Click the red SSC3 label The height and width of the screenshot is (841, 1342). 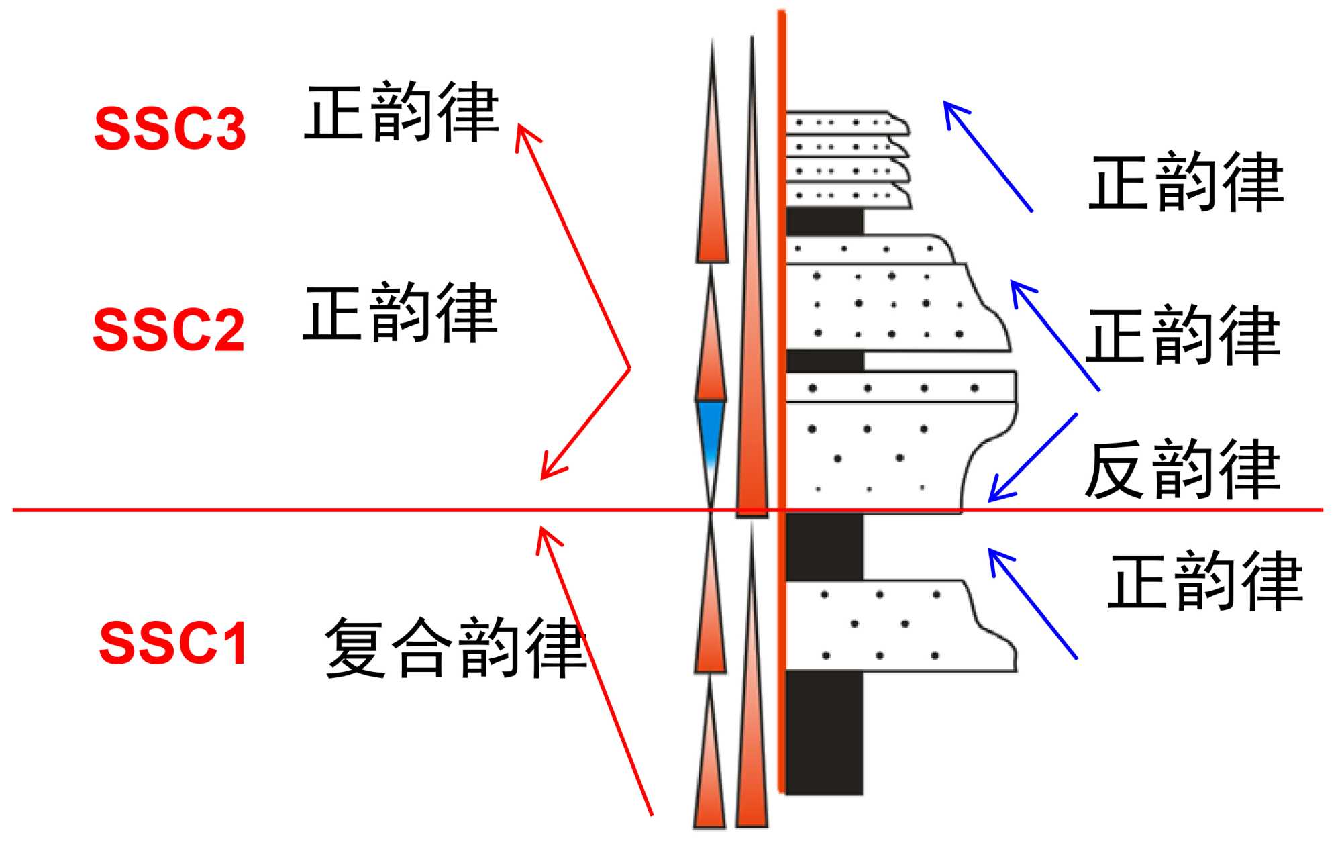click(x=170, y=128)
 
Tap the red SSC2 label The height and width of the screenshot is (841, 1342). click(x=169, y=330)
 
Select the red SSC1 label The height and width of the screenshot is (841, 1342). click(x=174, y=643)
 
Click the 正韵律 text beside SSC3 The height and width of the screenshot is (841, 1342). click(x=401, y=111)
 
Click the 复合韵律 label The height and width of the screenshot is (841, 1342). click(x=456, y=648)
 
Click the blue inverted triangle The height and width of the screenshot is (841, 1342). click(x=711, y=430)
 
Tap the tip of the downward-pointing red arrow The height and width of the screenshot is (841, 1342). click(x=542, y=478)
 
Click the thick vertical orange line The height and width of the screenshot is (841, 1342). click(x=781, y=403)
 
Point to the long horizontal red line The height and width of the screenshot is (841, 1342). click(x=335, y=510)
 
